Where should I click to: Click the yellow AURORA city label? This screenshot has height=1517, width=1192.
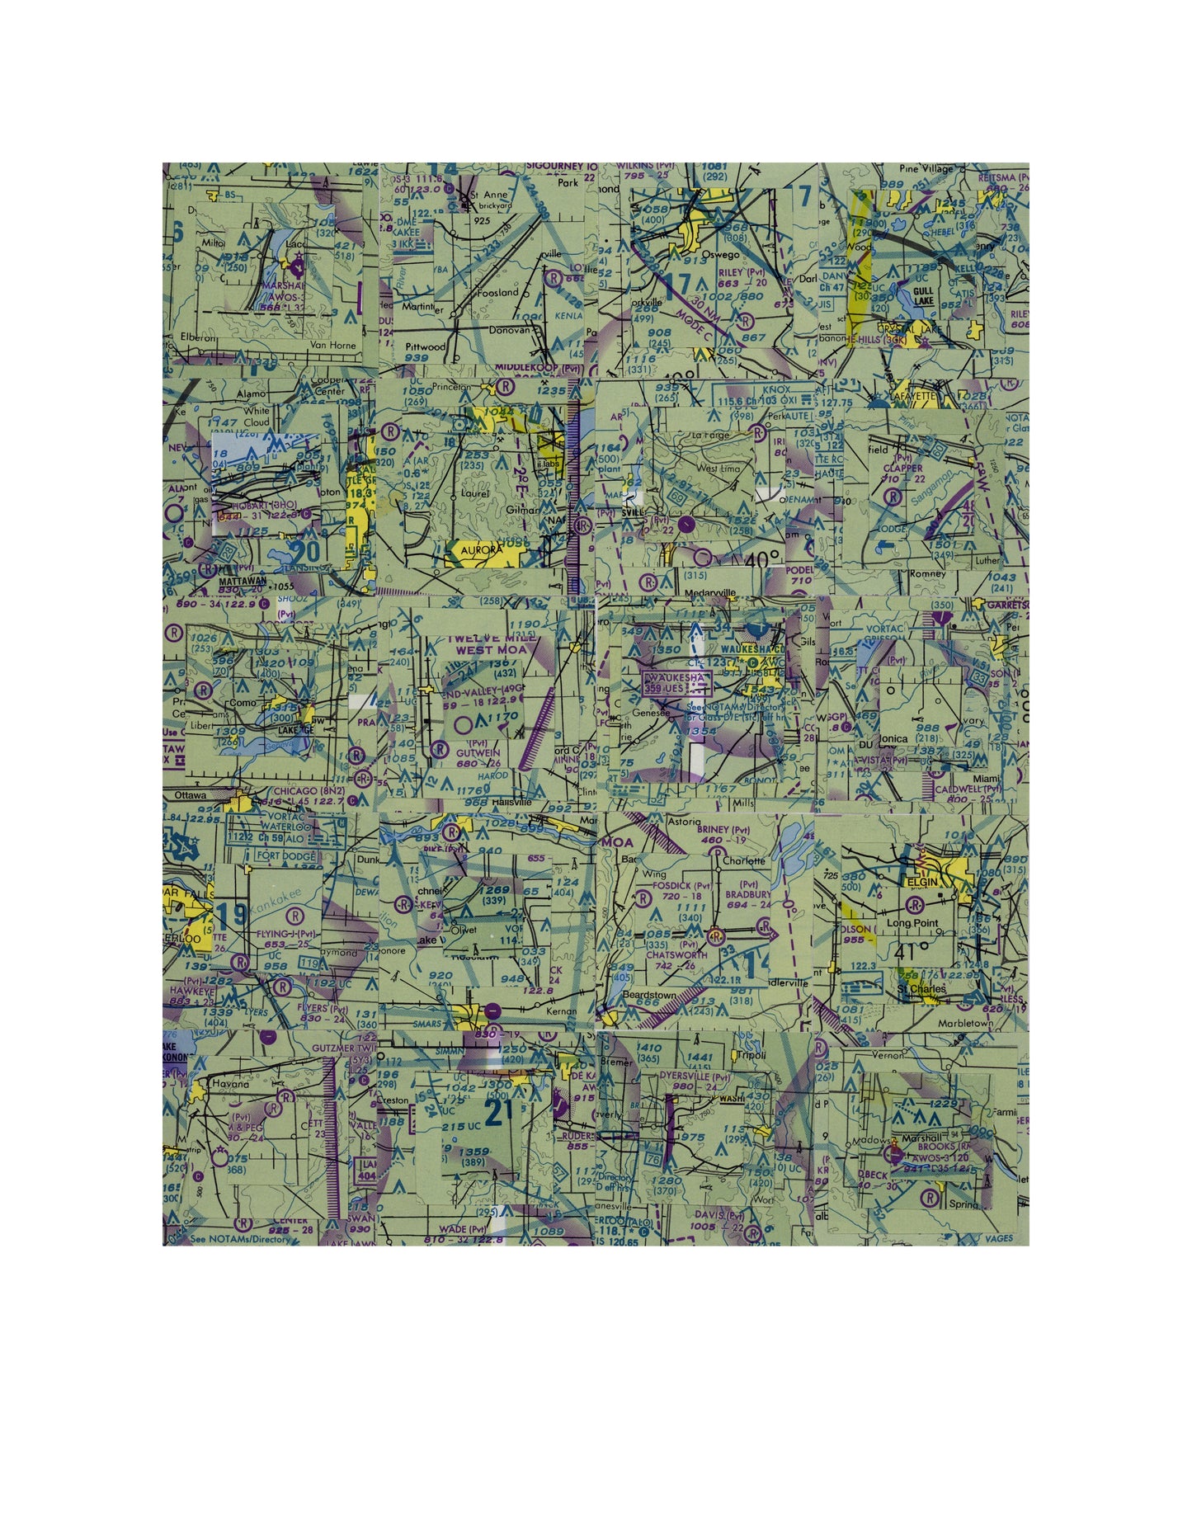[x=481, y=549]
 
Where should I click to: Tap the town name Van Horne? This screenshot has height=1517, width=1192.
[x=332, y=346]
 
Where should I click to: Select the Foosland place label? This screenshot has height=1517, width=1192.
[x=496, y=292]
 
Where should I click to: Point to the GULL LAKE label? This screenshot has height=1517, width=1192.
[x=923, y=297]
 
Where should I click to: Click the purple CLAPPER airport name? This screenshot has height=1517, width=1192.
[x=902, y=468]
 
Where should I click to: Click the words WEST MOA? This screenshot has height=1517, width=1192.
[x=490, y=650]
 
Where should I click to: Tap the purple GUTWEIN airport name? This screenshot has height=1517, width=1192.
[x=474, y=753]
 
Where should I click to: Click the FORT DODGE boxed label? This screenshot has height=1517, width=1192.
[x=285, y=856]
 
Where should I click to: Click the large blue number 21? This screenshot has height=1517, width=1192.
[x=499, y=1113]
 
